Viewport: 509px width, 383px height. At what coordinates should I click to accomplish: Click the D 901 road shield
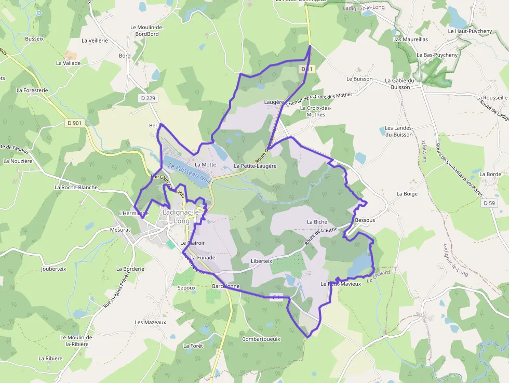pyautogui.click(x=74, y=123)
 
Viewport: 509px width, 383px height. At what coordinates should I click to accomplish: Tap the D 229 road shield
pyautogui.click(x=148, y=98)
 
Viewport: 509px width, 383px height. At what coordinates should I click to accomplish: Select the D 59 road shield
pyautogui.click(x=489, y=203)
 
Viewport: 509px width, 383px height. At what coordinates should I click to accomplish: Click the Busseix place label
pyautogui.click(x=35, y=38)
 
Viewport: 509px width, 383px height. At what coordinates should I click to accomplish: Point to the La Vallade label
pyautogui.click(x=68, y=63)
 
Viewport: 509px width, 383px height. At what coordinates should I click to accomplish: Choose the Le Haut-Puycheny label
pyautogui.click(x=470, y=31)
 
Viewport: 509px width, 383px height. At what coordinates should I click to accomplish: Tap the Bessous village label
pyautogui.click(x=365, y=220)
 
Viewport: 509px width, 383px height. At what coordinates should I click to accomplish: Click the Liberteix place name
pyautogui.click(x=261, y=261)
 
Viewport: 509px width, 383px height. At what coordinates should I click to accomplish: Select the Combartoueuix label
pyautogui.click(x=261, y=339)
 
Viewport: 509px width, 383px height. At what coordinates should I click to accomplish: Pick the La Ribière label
pyautogui.click(x=50, y=359)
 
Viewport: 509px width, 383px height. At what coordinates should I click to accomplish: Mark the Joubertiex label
pyautogui.click(x=53, y=269)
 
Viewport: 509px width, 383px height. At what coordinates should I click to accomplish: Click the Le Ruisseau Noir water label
pyautogui.click(x=189, y=173)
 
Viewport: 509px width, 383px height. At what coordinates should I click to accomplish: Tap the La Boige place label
pyautogui.click(x=407, y=194)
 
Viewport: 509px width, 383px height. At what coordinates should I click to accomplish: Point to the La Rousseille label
pyautogui.click(x=491, y=97)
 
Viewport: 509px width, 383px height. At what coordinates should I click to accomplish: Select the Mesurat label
pyautogui.click(x=120, y=229)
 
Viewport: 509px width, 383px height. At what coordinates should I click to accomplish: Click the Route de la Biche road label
pyautogui.click(x=321, y=236)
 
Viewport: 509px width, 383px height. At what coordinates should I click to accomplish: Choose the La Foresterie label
pyautogui.click(x=32, y=90)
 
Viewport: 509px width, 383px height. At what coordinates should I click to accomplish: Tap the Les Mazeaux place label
pyautogui.click(x=150, y=322)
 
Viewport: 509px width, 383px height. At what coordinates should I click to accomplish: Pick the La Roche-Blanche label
pyautogui.click(x=76, y=187)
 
